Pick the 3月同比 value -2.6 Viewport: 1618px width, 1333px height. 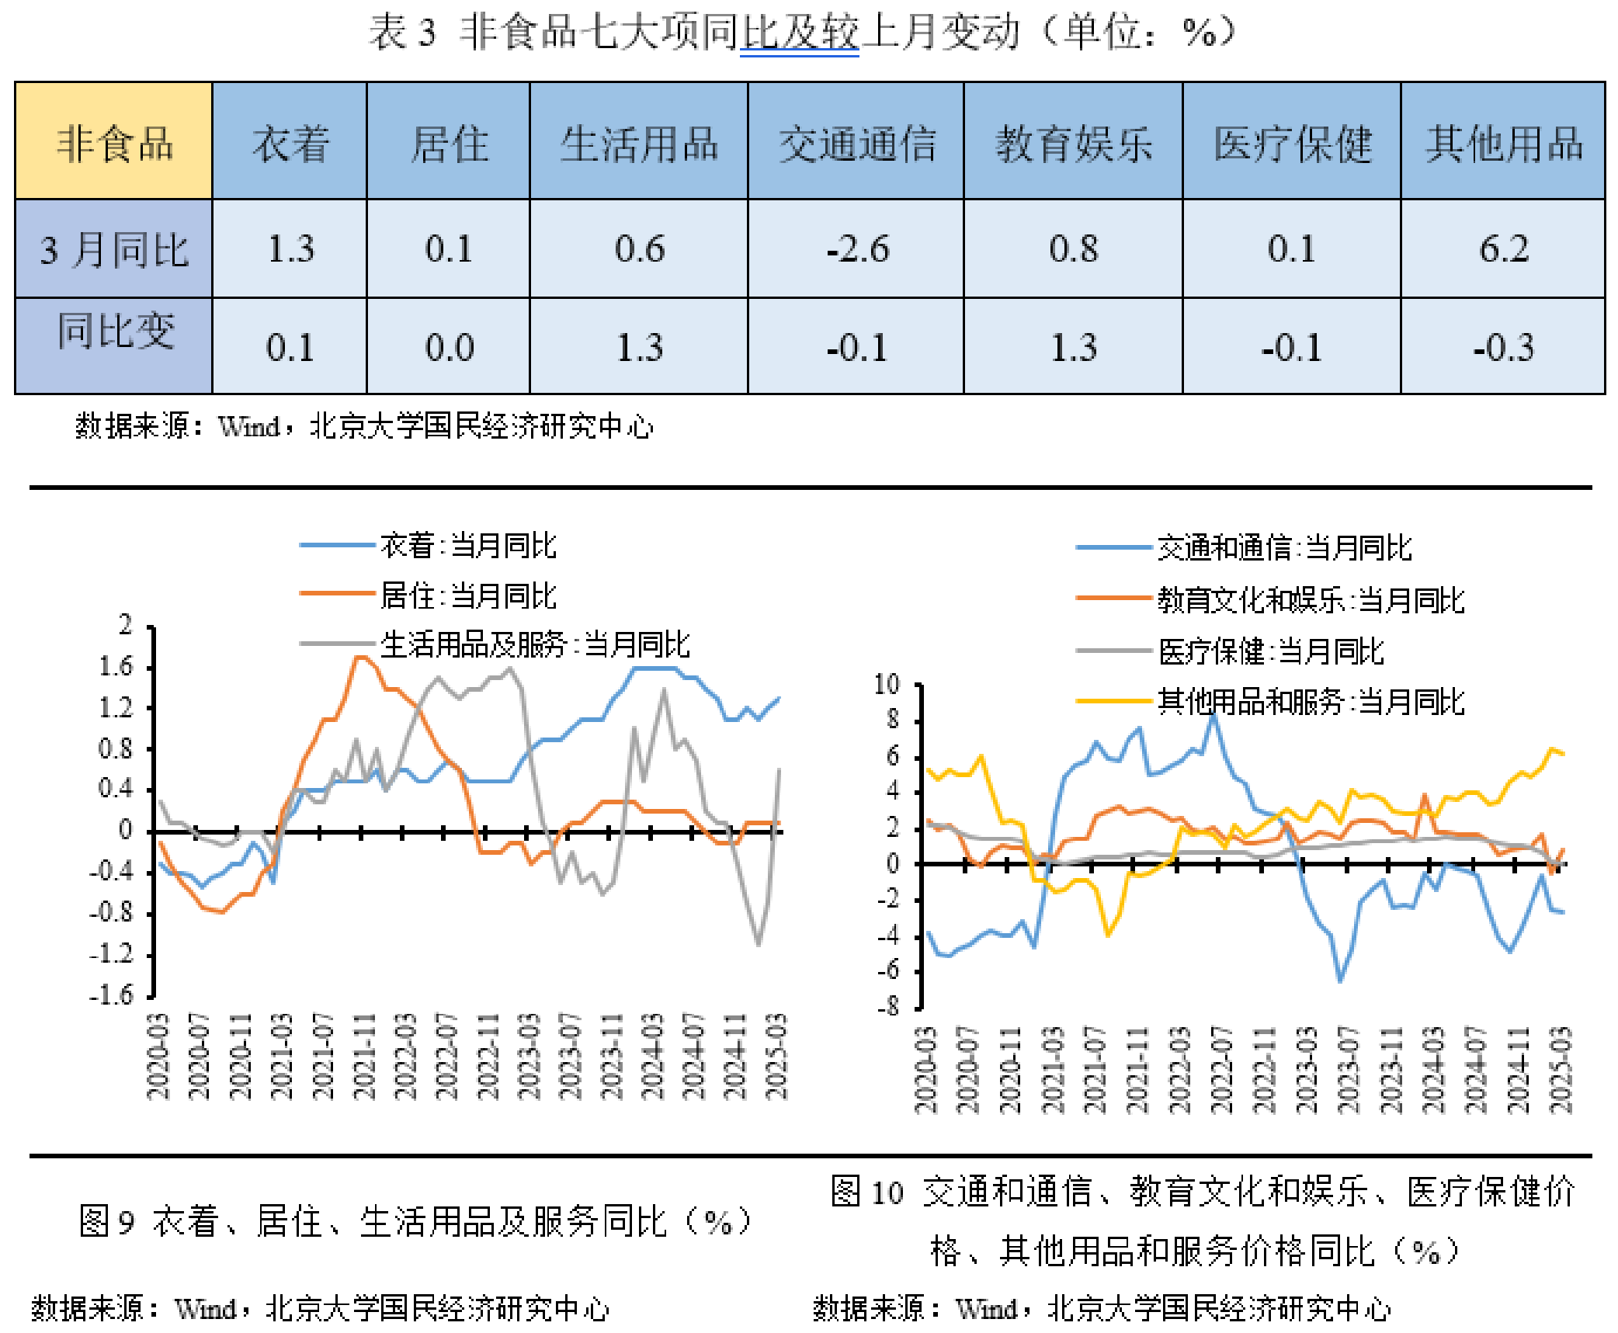(x=856, y=249)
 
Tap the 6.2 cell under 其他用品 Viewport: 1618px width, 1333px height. (x=1503, y=249)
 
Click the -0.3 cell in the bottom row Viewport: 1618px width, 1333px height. (x=1503, y=347)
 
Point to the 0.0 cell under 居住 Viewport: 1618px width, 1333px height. (x=449, y=347)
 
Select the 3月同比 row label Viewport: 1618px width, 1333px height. (x=113, y=249)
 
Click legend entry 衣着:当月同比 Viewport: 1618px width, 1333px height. (x=467, y=545)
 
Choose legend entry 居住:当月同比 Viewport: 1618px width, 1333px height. (x=467, y=595)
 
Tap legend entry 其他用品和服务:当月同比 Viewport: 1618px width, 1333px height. (x=1310, y=701)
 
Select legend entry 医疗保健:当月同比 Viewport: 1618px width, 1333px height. (x=1270, y=651)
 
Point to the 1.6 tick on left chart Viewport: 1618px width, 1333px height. (x=116, y=666)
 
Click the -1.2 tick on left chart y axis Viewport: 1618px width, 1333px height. (x=112, y=953)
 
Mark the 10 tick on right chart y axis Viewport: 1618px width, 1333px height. (x=887, y=685)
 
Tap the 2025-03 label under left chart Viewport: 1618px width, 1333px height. (x=776, y=1056)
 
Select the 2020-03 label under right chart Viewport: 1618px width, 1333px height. (x=925, y=1070)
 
